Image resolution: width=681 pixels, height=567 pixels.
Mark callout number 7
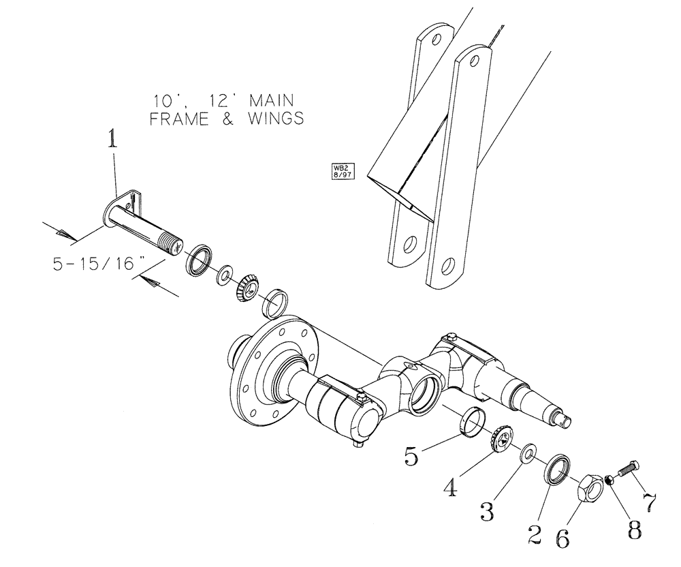pyautogui.click(x=650, y=502)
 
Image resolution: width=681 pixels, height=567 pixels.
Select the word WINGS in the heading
pyautogui.click(x=270, y=119)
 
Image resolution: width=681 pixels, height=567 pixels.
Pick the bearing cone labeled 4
pyautogui.click(x=500, y=438)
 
